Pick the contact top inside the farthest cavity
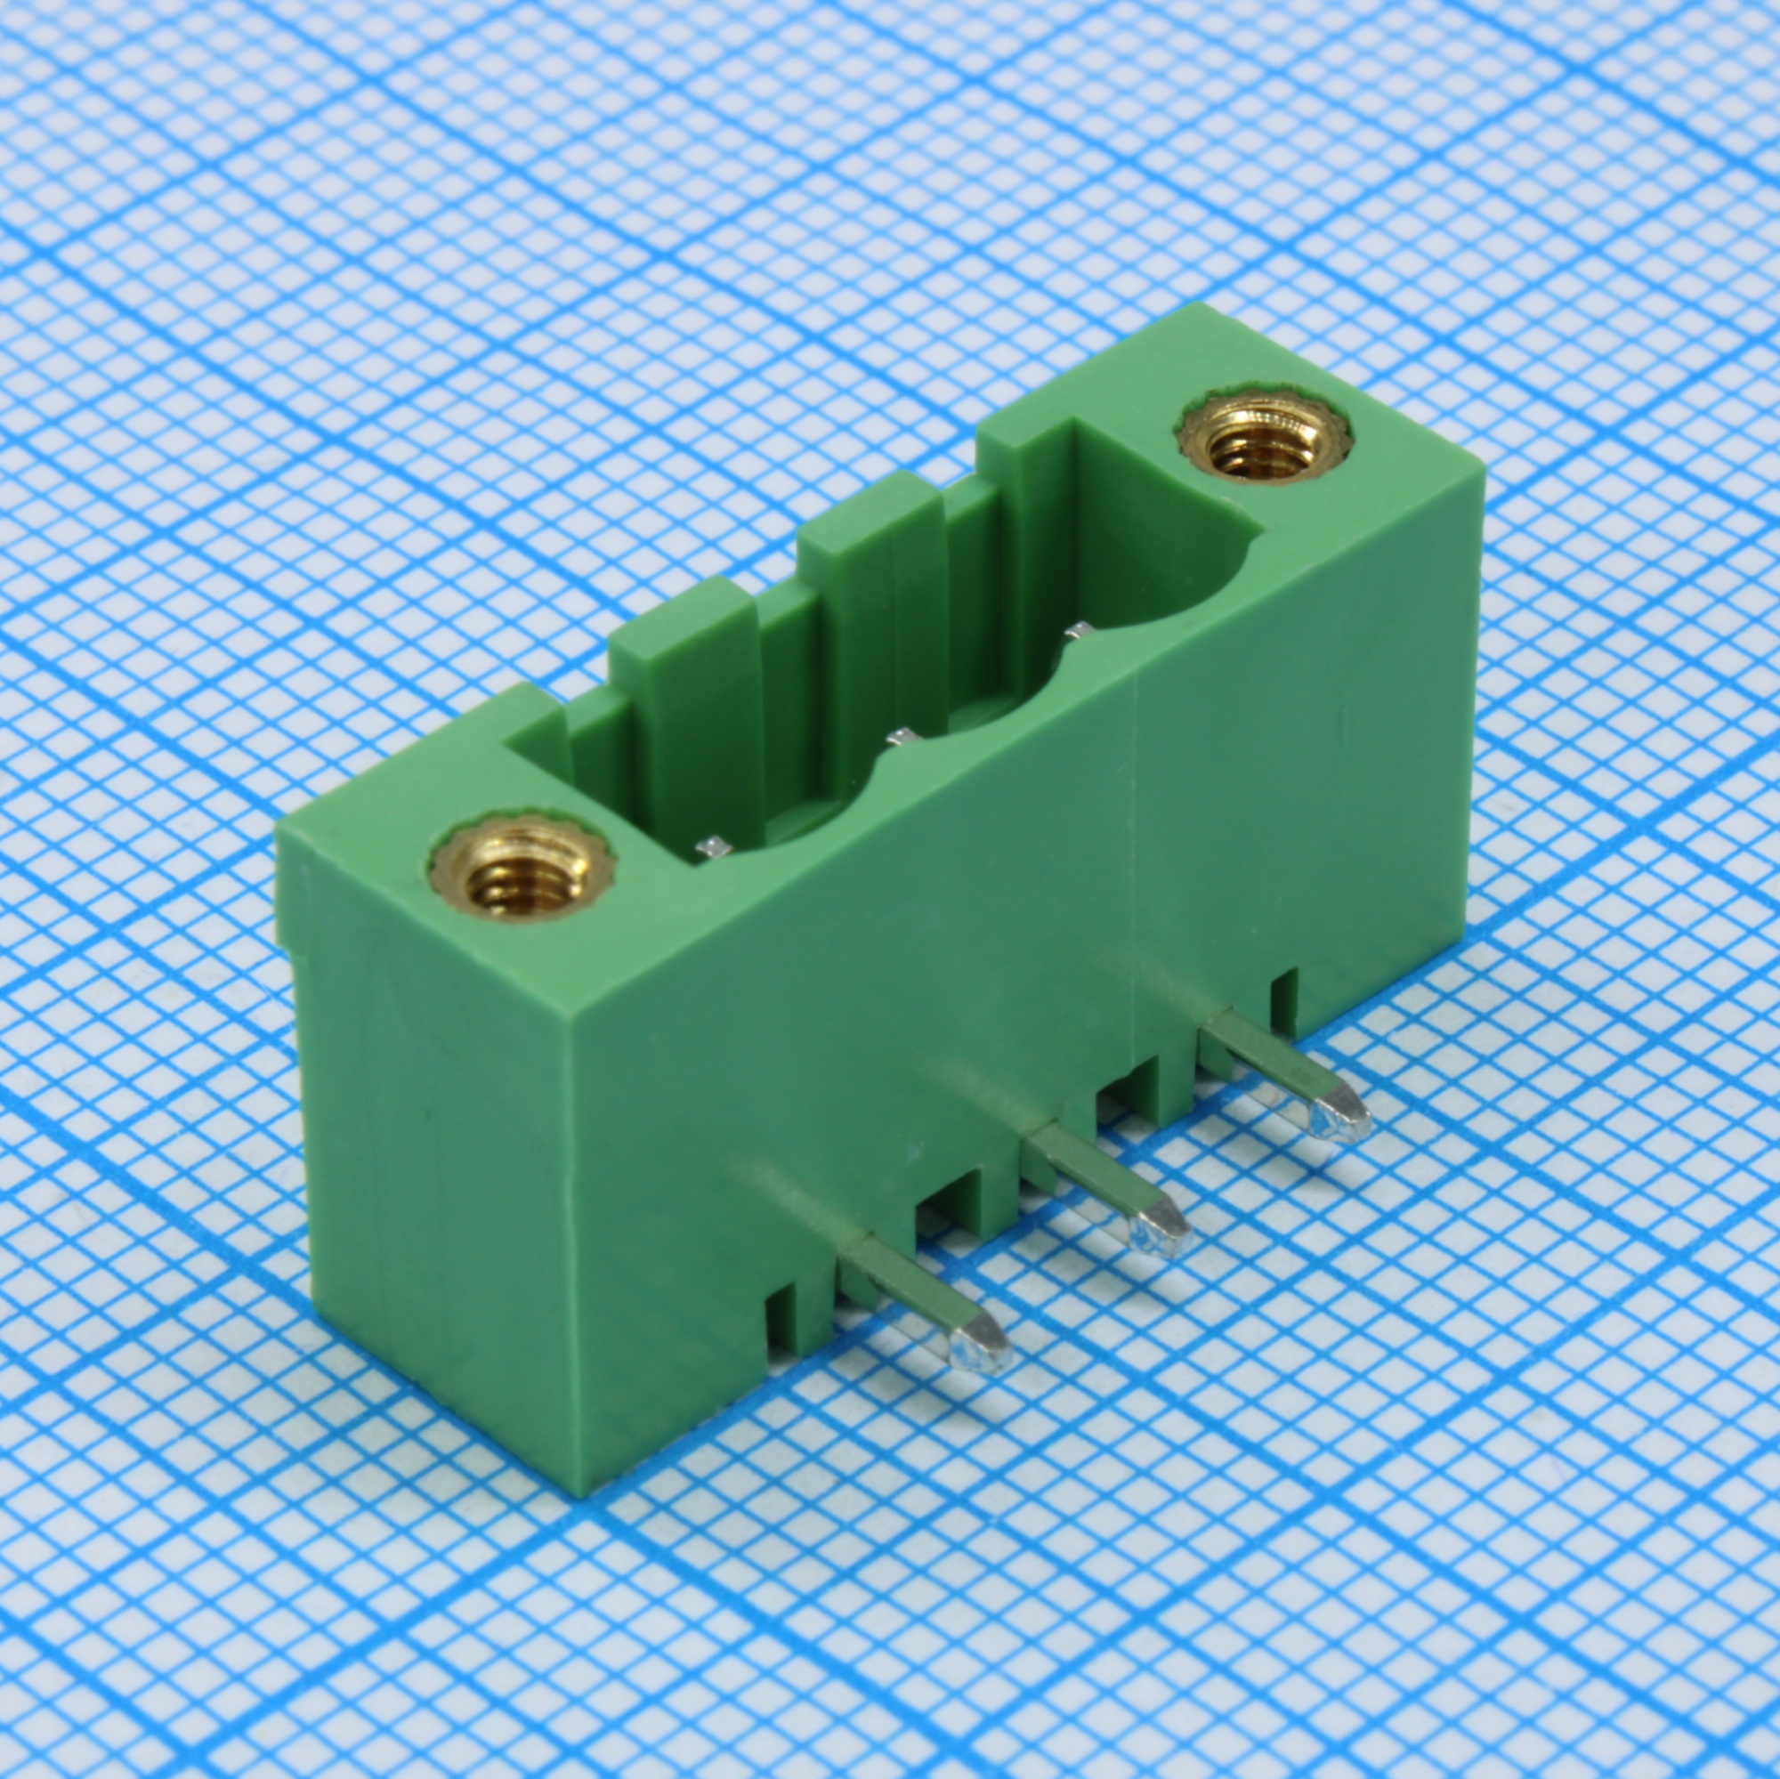[x=1077, y=630]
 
